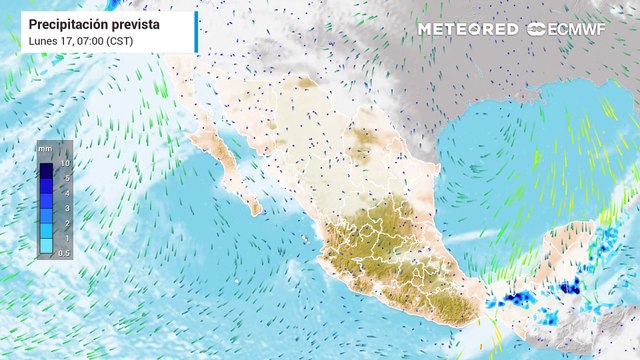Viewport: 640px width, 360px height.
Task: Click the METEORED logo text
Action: pos(468,29)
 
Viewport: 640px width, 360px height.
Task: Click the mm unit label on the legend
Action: pos(46,148)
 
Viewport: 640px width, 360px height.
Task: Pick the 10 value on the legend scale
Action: pos(64,162)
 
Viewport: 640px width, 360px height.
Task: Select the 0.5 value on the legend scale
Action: pos(64,252)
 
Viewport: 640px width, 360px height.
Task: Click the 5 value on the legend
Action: pos(66,177)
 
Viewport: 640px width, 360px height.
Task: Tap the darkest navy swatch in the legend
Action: pos(47,169)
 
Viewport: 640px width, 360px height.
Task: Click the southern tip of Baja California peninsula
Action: pos(256,211)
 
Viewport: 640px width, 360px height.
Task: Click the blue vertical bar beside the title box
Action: pos(197,31)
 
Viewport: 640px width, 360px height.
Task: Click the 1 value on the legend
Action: pos(66,237)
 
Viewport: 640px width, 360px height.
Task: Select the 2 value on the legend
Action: pos(66,222)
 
